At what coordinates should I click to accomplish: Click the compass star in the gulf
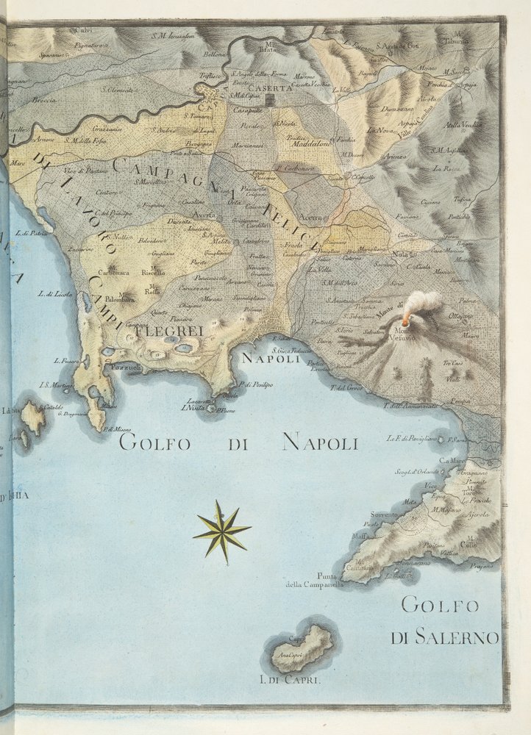(221, 531)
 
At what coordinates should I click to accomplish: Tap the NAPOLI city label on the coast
(271, 360)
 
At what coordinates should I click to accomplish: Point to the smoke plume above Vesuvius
(422, 303)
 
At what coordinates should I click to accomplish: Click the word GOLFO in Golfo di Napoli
(154, 443)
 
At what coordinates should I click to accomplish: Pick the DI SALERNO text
(445, 637)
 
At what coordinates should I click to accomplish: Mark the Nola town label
(399, 255)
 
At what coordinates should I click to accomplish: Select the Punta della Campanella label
(316, 581)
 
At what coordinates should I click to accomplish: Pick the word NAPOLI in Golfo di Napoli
(320, 442)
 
